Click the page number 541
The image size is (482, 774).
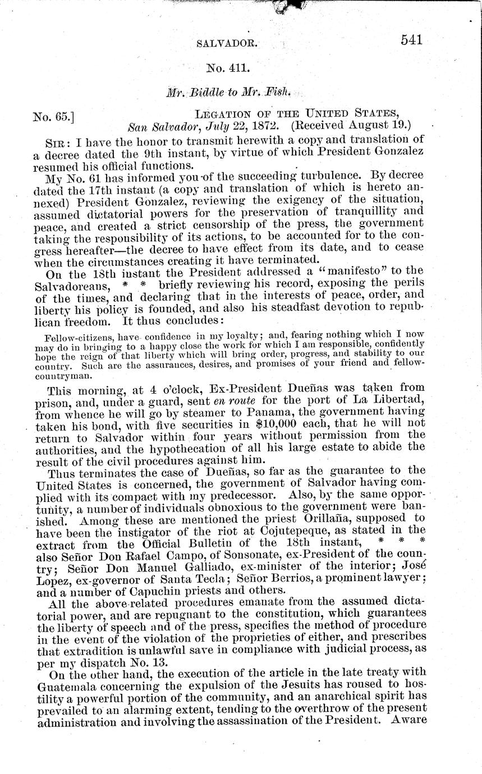coord(411,40)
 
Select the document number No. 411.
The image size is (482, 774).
coord(227,69)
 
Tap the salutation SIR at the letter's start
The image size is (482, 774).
coord(55,140)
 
